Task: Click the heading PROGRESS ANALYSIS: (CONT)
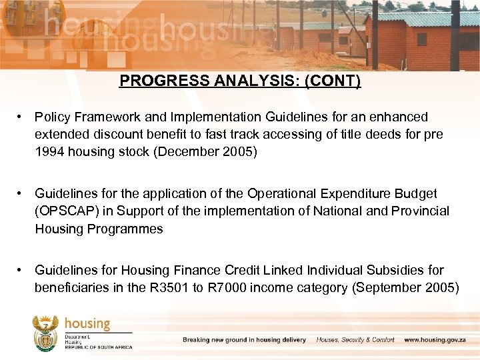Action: (x=240, y=81)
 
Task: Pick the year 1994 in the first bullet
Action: (x=50, y=151)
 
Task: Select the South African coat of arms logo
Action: (x=46, y=331)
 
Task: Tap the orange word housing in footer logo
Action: (x=87, y=323)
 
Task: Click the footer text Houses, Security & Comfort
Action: (x=355, y=340)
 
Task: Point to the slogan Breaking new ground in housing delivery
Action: (x=244, y=340)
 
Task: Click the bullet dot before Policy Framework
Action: (x=22, y=117)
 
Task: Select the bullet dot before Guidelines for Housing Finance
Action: (x=22, y=270)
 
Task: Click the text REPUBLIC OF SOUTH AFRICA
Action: (x=98, y=347)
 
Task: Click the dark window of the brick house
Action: (x=421, y=39)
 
